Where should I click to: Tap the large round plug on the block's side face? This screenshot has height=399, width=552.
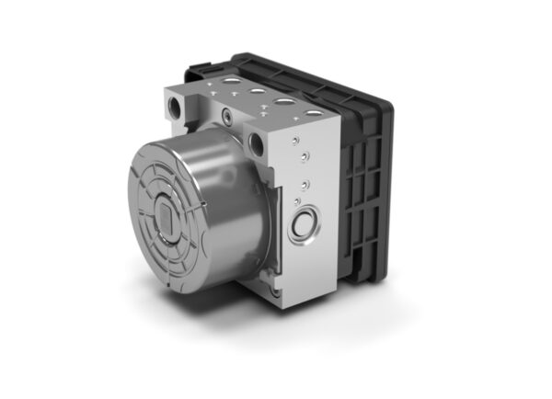[x=304, y=224]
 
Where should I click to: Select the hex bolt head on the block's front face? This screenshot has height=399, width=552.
[x=226, y=117]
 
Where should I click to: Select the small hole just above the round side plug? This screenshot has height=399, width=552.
[x=299, y=198]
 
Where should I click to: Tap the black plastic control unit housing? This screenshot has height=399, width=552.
[x=363, y=184]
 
